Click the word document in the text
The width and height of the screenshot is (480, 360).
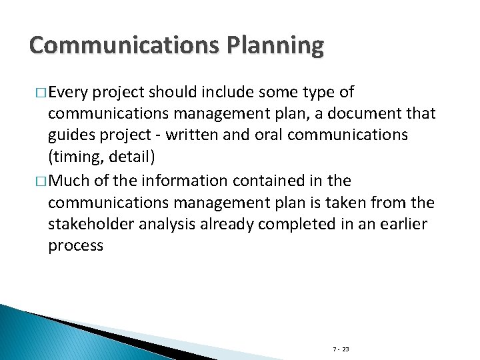[x=370, y=113]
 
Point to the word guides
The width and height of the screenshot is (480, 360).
[x=71, y=135]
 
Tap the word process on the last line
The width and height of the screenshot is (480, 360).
[x=75, y=245]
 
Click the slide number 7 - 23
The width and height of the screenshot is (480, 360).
[x=341, y=349]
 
